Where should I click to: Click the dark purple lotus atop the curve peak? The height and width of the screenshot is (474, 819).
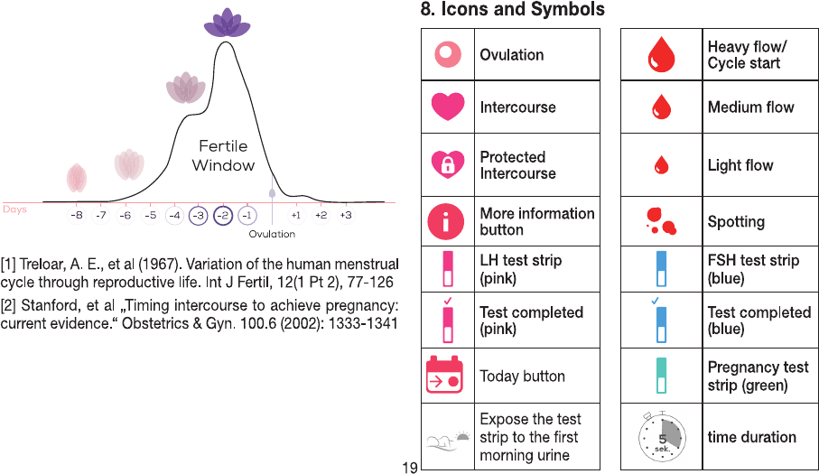[x=227, y=23]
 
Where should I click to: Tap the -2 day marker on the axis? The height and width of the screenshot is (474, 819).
[x=223, y=216]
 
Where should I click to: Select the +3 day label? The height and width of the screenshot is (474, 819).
[x=346, y=215]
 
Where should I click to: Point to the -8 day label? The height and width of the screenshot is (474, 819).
[x=77, y=215]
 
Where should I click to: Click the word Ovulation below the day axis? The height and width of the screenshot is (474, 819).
[x=272, y=234]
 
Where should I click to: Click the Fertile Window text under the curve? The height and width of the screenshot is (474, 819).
[x=223, y=155]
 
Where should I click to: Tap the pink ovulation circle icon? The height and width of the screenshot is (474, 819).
[x=448, y=54]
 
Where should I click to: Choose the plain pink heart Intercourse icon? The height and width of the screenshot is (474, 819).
[x=448, y=107]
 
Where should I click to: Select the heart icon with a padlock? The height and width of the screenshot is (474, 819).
[x=448, y=164]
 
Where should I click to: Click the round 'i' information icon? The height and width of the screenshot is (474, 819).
[x=445, y=221]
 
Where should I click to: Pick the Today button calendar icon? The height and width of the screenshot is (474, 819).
[x=444, y=375]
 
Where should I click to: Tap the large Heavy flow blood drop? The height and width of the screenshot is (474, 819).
[x=661, y=54]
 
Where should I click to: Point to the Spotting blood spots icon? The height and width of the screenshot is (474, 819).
[x=661, y=221]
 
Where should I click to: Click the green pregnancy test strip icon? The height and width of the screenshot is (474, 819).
[x=661, y=376]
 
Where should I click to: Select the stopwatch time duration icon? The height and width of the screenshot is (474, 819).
[x=661, y=436]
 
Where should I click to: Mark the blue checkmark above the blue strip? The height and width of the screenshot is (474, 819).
[x=655, y=301]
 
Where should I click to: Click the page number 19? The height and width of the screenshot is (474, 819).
[x=410, y=468]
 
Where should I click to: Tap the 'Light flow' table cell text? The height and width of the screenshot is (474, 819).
[x=740, y=165]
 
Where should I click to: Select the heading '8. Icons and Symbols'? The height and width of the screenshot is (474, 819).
[x=512, y=9]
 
